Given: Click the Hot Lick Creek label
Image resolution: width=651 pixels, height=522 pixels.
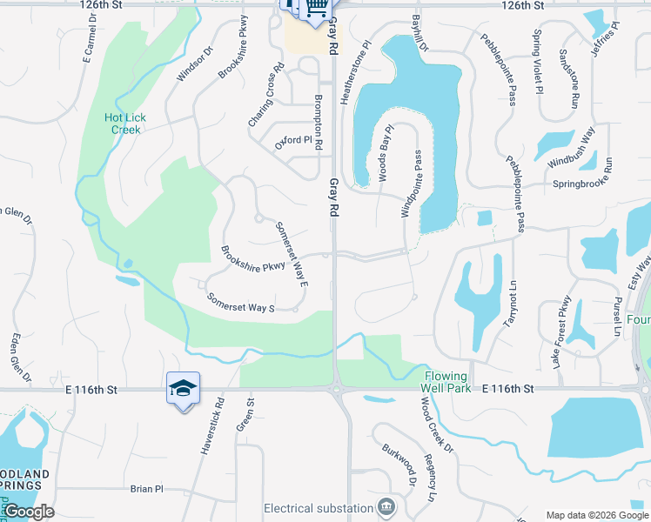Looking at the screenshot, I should pyautogui.click(x=125, y=124).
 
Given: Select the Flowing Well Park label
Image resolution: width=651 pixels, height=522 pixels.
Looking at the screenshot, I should pyautogui.click(x=446, y=382).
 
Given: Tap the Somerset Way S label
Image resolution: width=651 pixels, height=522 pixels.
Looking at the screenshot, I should pyautogui.click(x=240, y=303).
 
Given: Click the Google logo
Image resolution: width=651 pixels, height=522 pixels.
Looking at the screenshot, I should pyautogui.click(x=28, y=512).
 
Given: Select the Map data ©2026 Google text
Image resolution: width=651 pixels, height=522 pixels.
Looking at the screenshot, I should pyautogui.click(x=596, y=515).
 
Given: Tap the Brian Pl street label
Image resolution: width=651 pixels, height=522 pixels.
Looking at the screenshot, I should pyautogui.click(x=146, y=489).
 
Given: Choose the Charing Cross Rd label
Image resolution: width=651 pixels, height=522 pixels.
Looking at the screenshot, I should pyautogui.click(x=266, y=96).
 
